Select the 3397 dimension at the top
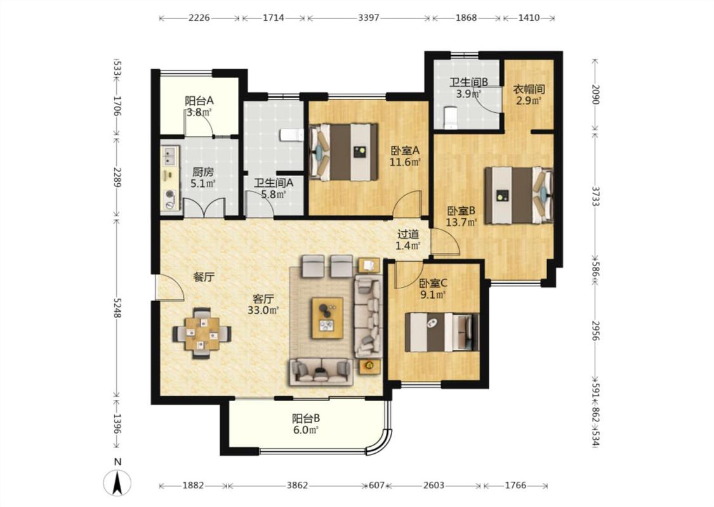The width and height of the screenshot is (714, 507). coord(368,18)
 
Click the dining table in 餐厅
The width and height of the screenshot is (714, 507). coord(202,333)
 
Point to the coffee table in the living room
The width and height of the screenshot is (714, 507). coord(327,318)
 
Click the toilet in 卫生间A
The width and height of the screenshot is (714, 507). coord(292,135)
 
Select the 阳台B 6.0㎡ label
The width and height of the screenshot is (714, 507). coord(305,423)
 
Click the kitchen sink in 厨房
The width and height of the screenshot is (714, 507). coord(170,155)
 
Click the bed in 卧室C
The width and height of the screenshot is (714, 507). coord(442,332)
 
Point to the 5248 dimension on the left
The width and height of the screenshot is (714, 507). coord(117,308)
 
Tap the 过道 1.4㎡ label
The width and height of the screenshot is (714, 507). coord(408,240)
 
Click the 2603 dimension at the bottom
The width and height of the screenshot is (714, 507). coord(433,485)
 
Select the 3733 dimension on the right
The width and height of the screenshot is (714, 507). coord(595,196)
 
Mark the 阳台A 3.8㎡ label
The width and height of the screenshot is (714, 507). coord(199,106)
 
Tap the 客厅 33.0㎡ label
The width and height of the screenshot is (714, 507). coord(263,305)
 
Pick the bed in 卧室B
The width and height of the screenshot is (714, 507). coord(519,196)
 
